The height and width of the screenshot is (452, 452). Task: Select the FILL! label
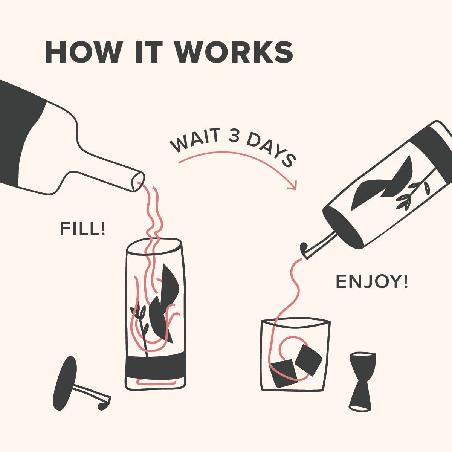pos(82,229)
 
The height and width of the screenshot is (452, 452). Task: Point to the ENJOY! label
pos(371,281)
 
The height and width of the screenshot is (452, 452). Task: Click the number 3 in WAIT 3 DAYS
pos(234,136)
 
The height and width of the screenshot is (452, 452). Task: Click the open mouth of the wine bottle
pos(138,181)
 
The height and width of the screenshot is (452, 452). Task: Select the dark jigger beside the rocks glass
pos(362,380)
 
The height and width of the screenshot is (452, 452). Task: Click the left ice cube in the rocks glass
pos(284,373)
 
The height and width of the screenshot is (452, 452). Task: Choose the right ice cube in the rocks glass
pos(308,360)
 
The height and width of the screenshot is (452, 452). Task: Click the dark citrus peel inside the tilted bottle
pos(380,185)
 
